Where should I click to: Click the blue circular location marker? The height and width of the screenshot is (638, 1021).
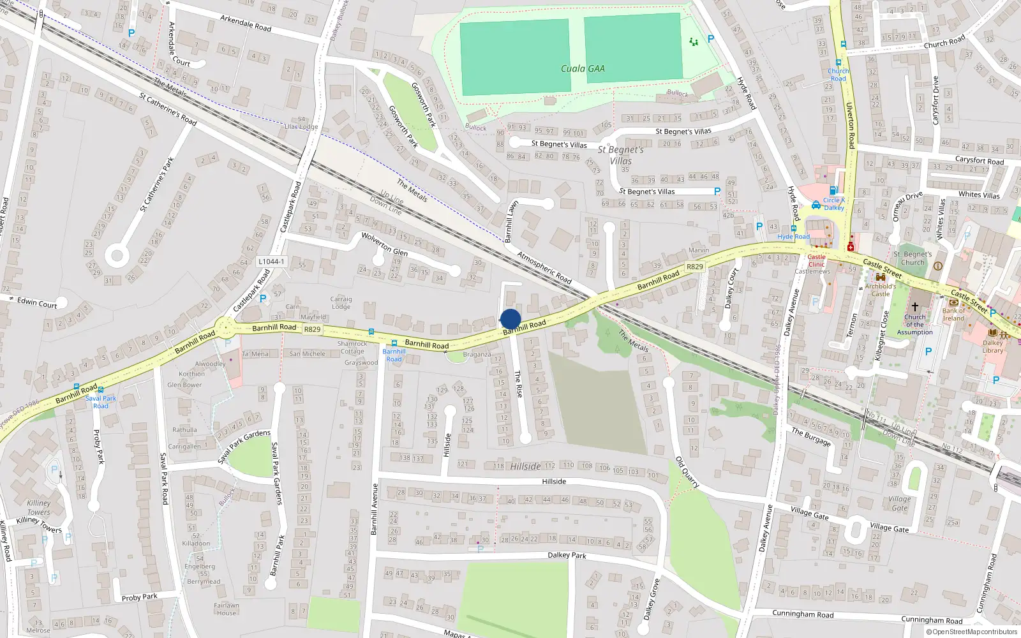[511, 319]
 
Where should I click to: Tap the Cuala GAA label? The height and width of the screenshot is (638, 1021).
[583, 69]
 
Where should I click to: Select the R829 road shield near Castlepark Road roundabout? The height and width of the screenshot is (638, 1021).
[312, 329]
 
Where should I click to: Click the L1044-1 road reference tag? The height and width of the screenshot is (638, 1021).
[272, 262]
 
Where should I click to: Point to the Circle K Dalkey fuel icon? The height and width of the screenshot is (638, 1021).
[833, 190]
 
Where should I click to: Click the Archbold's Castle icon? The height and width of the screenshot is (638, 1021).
[881, 278]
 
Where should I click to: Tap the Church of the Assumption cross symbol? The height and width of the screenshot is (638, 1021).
[914, 307]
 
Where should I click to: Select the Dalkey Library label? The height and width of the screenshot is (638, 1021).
[993, 346]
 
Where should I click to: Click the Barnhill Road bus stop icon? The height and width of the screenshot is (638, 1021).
[394, 343]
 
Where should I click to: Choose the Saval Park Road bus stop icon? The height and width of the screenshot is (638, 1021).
[101, 390]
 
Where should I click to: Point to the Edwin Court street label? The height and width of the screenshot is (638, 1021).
[37, 302]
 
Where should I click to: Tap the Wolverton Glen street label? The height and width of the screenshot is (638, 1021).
[384, 244]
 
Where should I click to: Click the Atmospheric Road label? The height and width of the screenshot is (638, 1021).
[544, 267]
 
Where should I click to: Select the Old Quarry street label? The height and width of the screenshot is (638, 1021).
[687, 473]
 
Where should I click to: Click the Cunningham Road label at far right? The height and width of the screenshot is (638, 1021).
[932, 619]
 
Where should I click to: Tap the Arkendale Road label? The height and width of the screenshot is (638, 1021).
[246, 24]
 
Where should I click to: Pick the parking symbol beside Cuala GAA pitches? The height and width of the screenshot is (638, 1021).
[711, 39]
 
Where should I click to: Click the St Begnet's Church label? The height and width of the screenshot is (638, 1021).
[914, 258]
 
